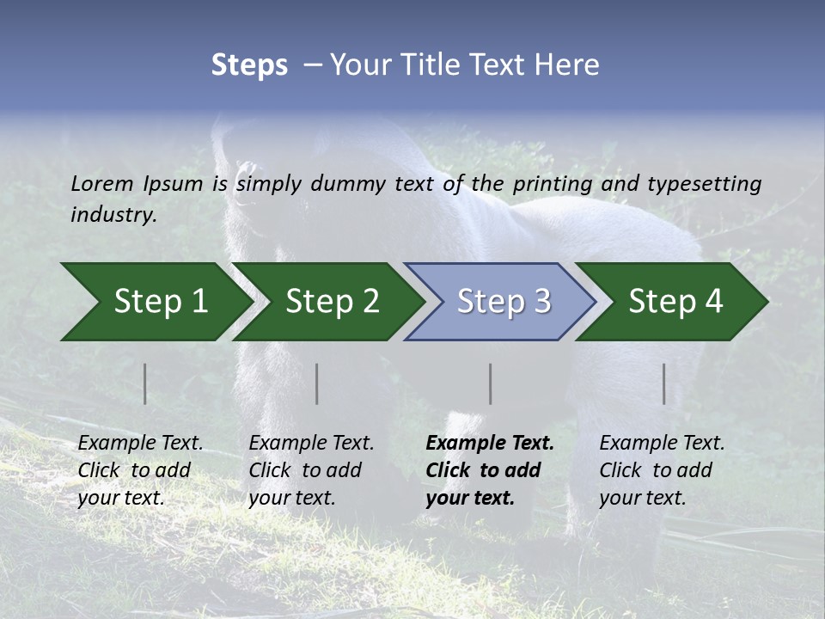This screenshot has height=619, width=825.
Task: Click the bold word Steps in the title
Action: pyautogui.click(x=249, y=65)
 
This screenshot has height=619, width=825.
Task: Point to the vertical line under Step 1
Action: pyautogui.click(x=145, y=383)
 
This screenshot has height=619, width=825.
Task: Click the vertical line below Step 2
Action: pyautogui.click(x=317, y=383)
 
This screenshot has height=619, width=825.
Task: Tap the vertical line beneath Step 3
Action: pyautogui.click(x=491, y=383)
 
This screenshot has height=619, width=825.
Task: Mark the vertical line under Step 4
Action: pyautogui.click(x=664, y=383)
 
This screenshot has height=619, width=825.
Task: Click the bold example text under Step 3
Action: pyautogui.click(x=490, y=470)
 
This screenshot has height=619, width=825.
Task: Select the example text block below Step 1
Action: pyautogui.click(x=140, y=470)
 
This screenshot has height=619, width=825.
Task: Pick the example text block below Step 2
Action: pyautogui.click(x=311, y=470)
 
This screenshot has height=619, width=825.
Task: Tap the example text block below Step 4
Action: pyautogui.click(x=662, y=470)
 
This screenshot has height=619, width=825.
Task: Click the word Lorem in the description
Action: pyautogui.click(x=102, y=184)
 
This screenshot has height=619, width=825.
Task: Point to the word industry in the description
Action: pyautogui.click(x=113, y=215)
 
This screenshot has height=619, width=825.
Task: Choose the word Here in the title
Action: pyautogui.click(x=571, y=65)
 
